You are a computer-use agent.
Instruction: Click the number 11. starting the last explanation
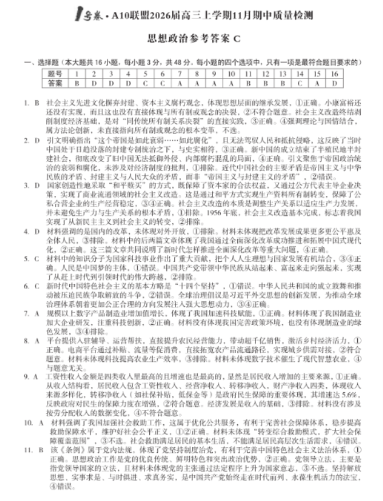28,451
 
